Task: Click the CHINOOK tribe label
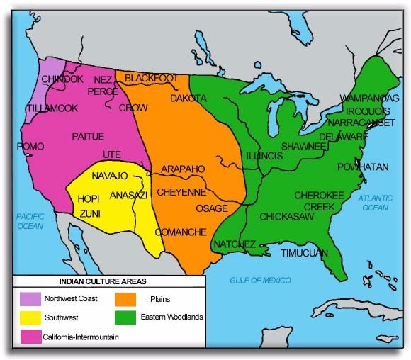point(63,79)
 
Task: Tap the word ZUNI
point(89,212)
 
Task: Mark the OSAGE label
point(212,208)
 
